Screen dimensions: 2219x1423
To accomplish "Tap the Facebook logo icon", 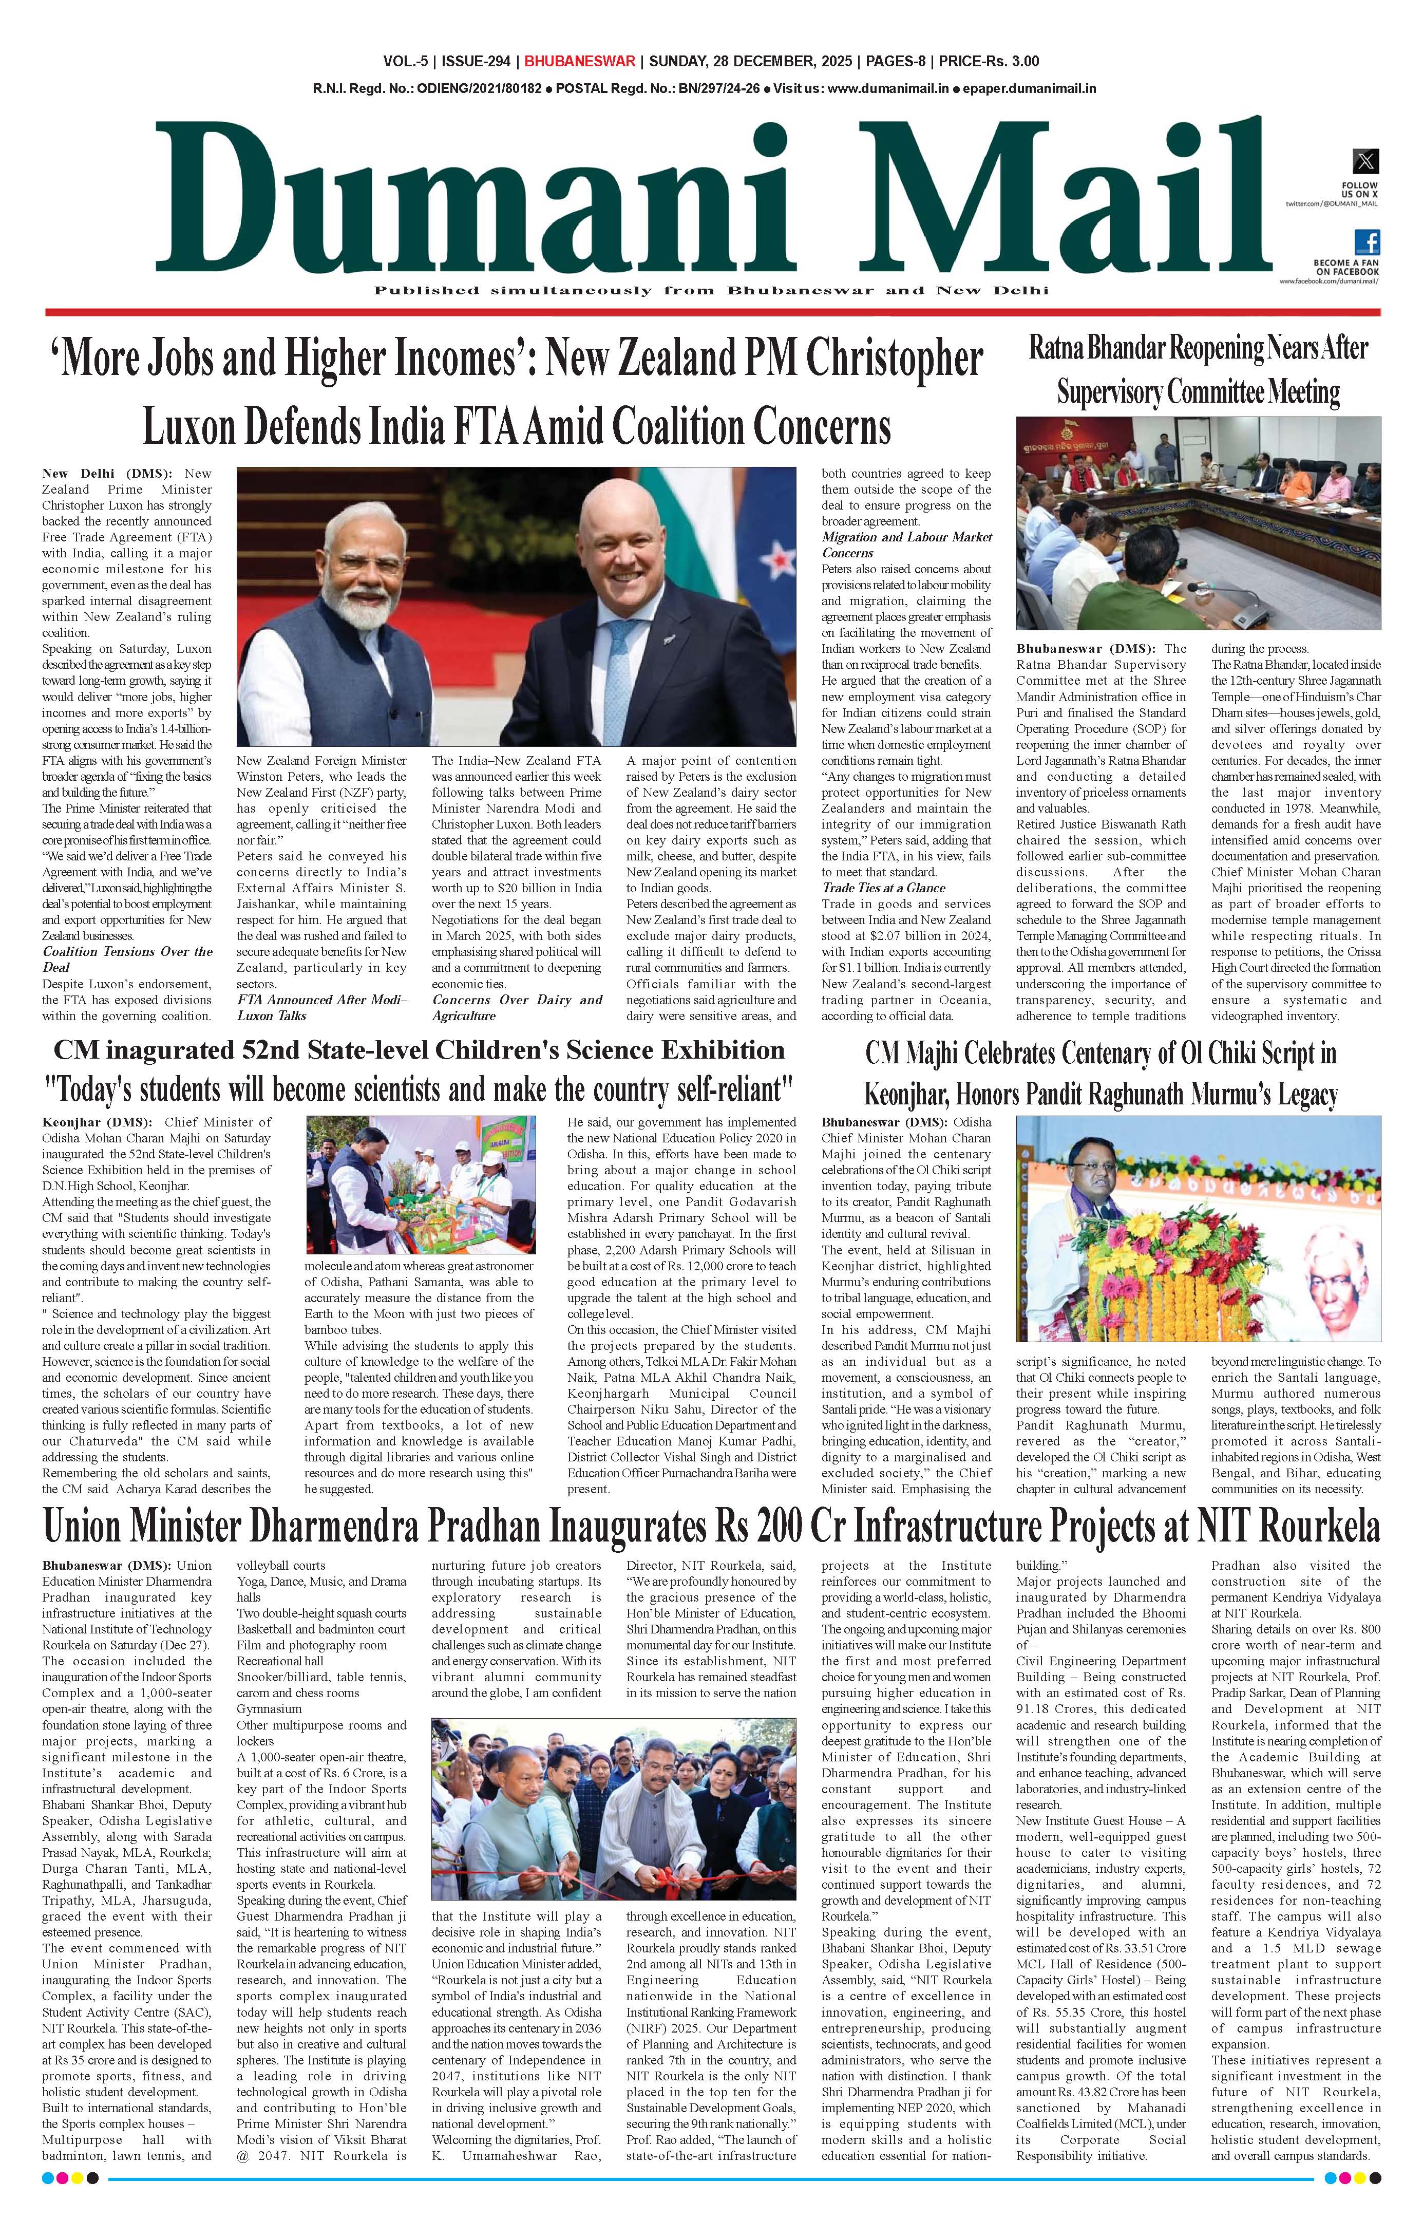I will (1367, 242).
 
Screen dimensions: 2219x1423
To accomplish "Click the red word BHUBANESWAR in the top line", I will (579, 62).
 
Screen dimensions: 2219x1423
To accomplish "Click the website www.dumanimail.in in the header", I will (887, 89).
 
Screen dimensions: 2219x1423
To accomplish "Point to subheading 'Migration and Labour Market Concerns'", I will (905, 544).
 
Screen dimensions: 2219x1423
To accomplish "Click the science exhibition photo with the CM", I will (421, 1185).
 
